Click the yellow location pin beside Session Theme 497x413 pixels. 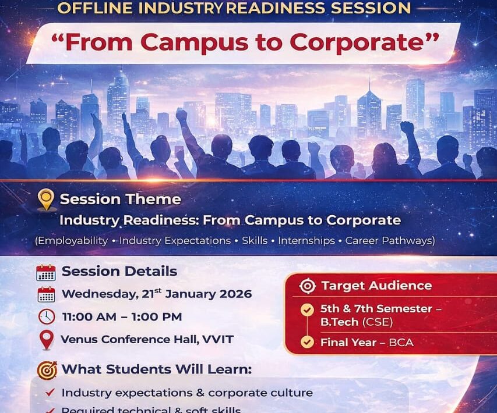(x=46, y=200)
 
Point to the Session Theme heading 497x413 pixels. (x=120, y=199)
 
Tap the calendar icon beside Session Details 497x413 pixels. (x=46, y=272)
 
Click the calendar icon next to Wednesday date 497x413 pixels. (x=46, y=294)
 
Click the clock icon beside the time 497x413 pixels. (x=46, y=317)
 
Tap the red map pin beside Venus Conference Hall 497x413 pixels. (x=46, y=340)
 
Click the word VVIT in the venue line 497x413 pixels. (x=218, y=339)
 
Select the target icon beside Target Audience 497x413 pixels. (x=307, y=286)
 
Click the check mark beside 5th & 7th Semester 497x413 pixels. (x=307, y=309)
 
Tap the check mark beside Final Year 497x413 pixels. (x=307, y=343)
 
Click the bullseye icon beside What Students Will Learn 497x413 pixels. (x=47, y=370)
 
